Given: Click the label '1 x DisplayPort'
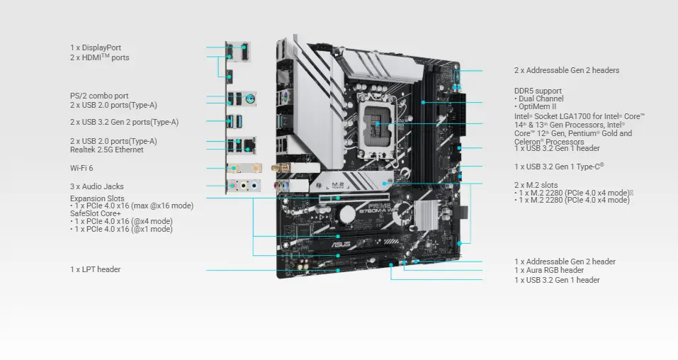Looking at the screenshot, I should [96, 47].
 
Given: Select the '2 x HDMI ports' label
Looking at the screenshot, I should [99, 57].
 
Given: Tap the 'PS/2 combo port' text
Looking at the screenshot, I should [99, 96].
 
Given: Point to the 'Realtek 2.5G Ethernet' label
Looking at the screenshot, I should [106, 150].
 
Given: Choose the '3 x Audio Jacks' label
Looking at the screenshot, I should [96, 186].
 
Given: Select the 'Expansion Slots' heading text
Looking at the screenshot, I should [97, 198].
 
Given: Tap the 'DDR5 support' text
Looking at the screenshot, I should [538, 91].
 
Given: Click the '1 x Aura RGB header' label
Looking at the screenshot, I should [549, 270].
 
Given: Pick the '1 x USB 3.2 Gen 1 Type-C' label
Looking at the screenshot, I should [558, 167].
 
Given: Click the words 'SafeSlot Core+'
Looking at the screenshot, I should [95, 213].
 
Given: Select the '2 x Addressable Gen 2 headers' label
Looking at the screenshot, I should [566, 70].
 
